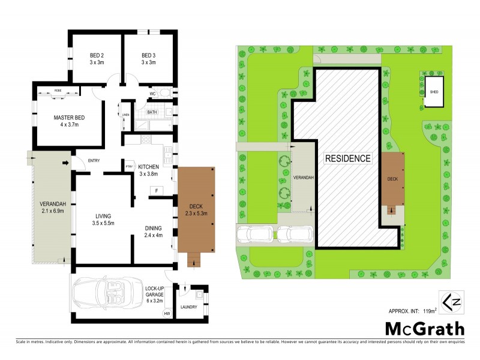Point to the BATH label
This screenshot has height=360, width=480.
click(152, 112)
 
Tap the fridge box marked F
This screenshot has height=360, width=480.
click(156, 191)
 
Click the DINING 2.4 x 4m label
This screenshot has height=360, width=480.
click(154, 232)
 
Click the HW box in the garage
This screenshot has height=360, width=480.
click(167, 313)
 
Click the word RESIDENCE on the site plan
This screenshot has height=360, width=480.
click(348, 158)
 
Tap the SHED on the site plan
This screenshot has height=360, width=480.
click(434, 92)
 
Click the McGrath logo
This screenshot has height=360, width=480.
click(424, 329)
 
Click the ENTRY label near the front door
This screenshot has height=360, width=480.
click(94, 160)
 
